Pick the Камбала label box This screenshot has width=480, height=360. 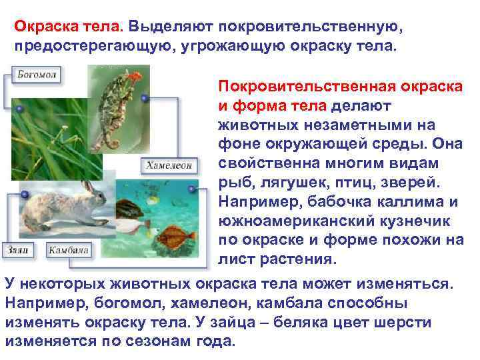68,251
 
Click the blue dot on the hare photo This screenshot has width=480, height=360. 24,193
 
